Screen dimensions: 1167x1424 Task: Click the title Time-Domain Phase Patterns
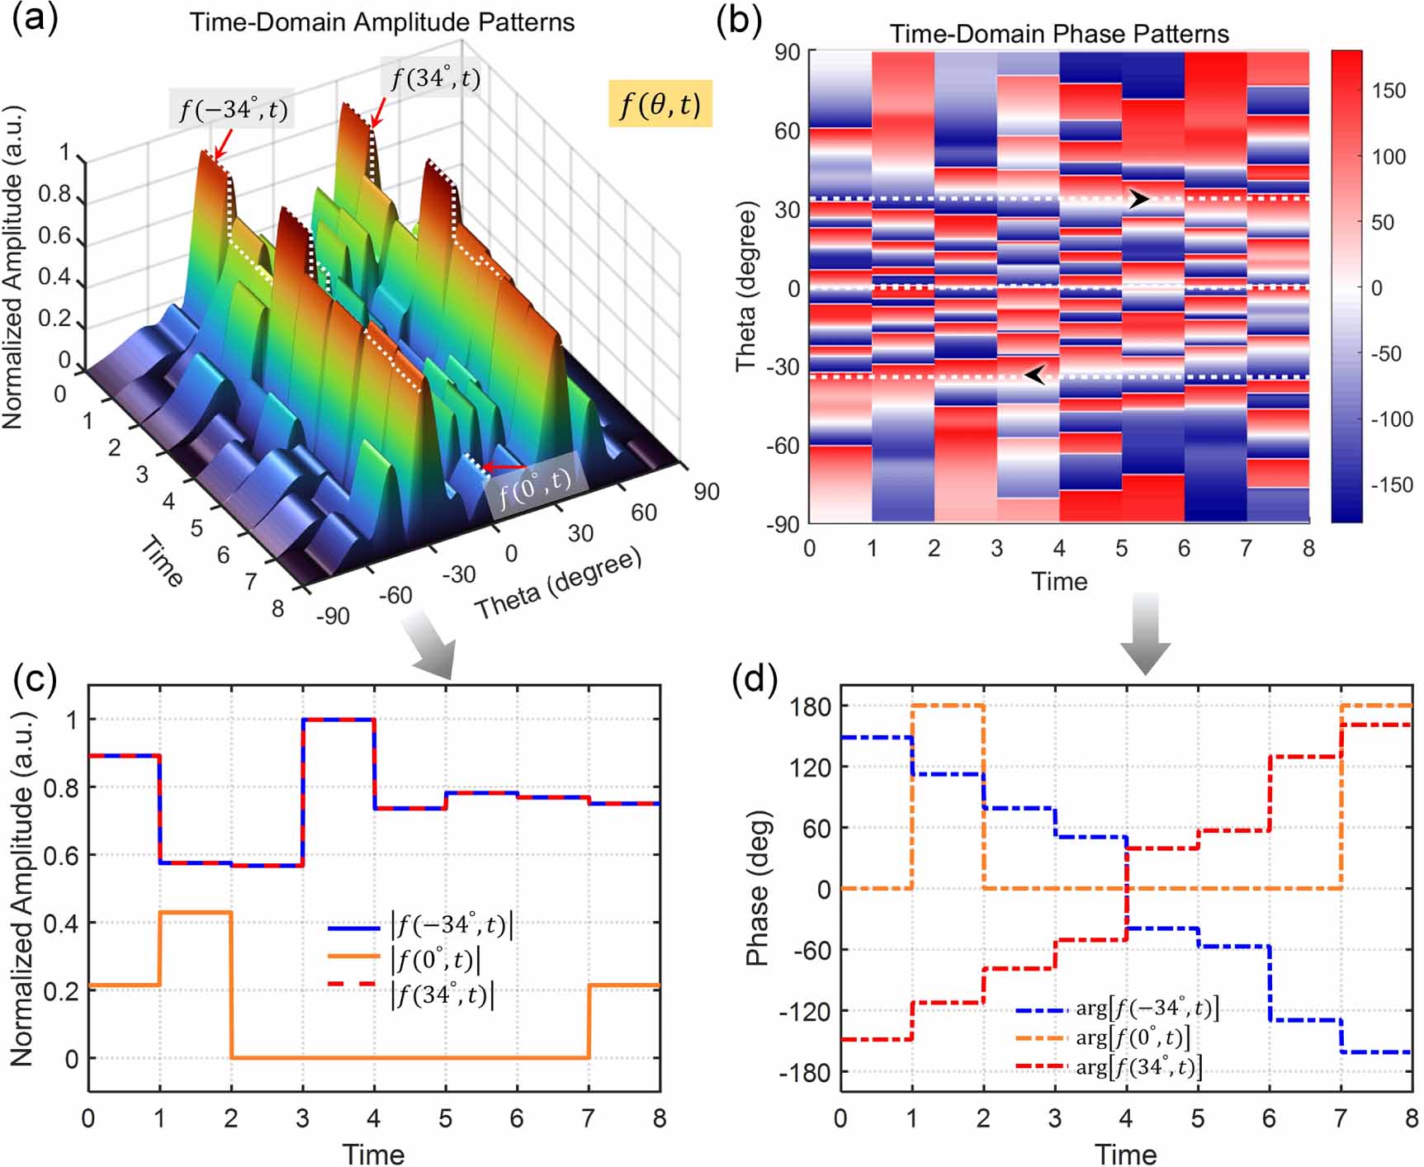(1059, 34)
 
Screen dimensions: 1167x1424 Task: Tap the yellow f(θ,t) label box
(660, 103)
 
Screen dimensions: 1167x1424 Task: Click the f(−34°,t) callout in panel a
(232, 109)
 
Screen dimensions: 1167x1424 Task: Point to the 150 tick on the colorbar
(1389, 91)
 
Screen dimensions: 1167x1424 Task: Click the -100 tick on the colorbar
(1392, 419)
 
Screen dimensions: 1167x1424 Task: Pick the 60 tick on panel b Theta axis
(788, 130)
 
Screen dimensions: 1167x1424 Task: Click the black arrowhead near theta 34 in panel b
(1139, 199)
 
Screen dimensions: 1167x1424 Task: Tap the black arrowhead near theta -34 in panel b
(1035, 376)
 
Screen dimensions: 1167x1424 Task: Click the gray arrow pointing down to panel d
(1144, 633)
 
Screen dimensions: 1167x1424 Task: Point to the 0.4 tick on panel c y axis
(59, 923)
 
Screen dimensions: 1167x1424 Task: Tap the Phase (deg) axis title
(756, 888)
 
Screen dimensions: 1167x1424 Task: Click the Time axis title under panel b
(1059, 581)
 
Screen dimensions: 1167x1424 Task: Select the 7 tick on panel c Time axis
(588, 1119)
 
